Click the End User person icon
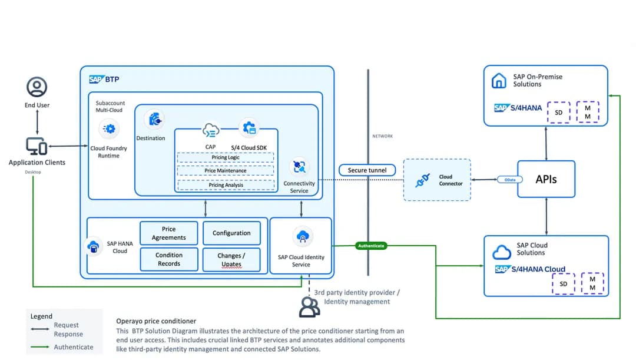tap(37, 87)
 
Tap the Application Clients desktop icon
tap(36, 146)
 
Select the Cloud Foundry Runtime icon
tap(108, 128)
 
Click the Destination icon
tap(155, 120)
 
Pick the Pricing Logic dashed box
tap(226, 157)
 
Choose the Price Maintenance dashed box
tap(226, 171)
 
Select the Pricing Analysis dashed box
tap(226, 184)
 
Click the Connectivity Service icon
tap(299, 167)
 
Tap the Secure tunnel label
tap(367, 170)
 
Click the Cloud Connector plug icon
tap(422, 180)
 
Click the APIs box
tap(546, 179)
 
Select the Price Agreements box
tap(169, 233)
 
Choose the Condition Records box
tap(169, 259)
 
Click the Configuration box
tap(231, 233)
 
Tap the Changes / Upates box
tap(231, 259)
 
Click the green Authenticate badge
tap(371, 246)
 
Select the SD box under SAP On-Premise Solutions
tap(559, 112)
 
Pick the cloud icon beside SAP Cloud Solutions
tap(501, 252)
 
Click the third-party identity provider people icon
tap(309, 306)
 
